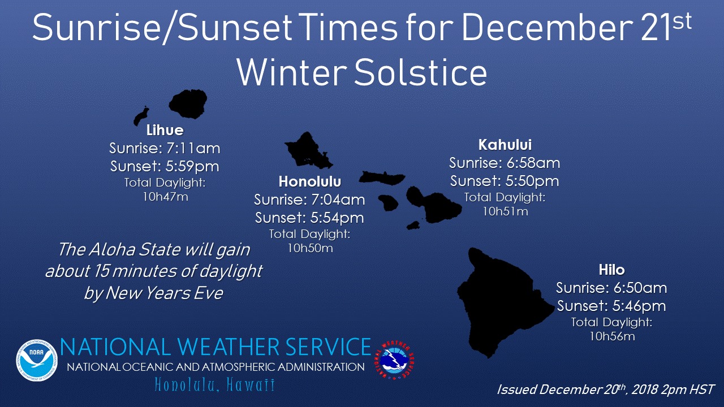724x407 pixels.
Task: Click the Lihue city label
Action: [x=165, y=130]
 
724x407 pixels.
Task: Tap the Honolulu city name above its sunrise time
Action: [x=309, y=181]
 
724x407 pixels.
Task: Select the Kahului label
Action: [x=505, y=145]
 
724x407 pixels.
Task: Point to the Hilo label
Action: [x=611, y=270]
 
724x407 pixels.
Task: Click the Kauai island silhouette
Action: [x=188, y=104]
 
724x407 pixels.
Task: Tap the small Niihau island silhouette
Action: [x=141, y=116]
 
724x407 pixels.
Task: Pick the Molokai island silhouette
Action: [x=382, y=178]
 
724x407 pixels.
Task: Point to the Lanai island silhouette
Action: [x=388, y=203]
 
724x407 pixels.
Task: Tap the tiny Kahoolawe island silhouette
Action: [x=413, y=226]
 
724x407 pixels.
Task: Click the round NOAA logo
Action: [x=37, y=360]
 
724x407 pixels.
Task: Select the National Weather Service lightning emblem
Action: [x=394, y=360]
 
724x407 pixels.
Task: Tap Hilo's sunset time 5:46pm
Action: [x=639, y=306]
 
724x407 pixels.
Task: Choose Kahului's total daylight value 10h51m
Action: [x=505, y=211]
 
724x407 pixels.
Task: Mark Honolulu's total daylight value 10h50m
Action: [x=310, y=248]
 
